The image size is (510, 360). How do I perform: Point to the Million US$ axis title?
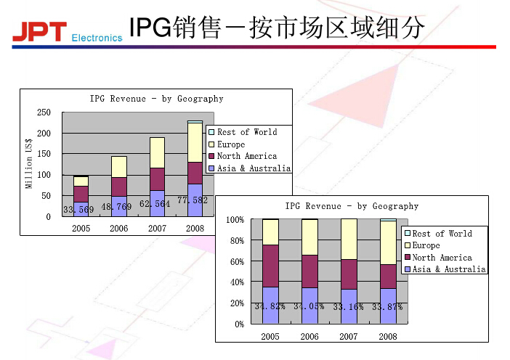click(x=30, y=164)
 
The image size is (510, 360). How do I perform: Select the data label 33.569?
click(x=78, y=210)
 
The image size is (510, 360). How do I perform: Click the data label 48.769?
click(x=116, y=207)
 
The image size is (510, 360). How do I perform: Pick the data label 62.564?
click(x=155, y=204)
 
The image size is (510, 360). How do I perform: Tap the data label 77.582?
click(x=193, y=200)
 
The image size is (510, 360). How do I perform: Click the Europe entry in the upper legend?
click(x=231, y=144)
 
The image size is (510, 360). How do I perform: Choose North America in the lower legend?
click(x=442, y=258)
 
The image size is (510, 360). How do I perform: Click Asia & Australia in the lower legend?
click(x=449, y=269)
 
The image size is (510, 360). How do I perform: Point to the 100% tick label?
click(x=235, y=219)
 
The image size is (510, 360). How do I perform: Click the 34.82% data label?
click(x=270, y=306)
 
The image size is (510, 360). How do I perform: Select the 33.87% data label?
click(x=387, y=306)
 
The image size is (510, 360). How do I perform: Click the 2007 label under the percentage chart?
click(x=349, y=337)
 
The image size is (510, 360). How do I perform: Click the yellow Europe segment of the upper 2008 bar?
click(x=195, y=142)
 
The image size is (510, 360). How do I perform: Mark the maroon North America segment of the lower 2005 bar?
click(x=270, y=266)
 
